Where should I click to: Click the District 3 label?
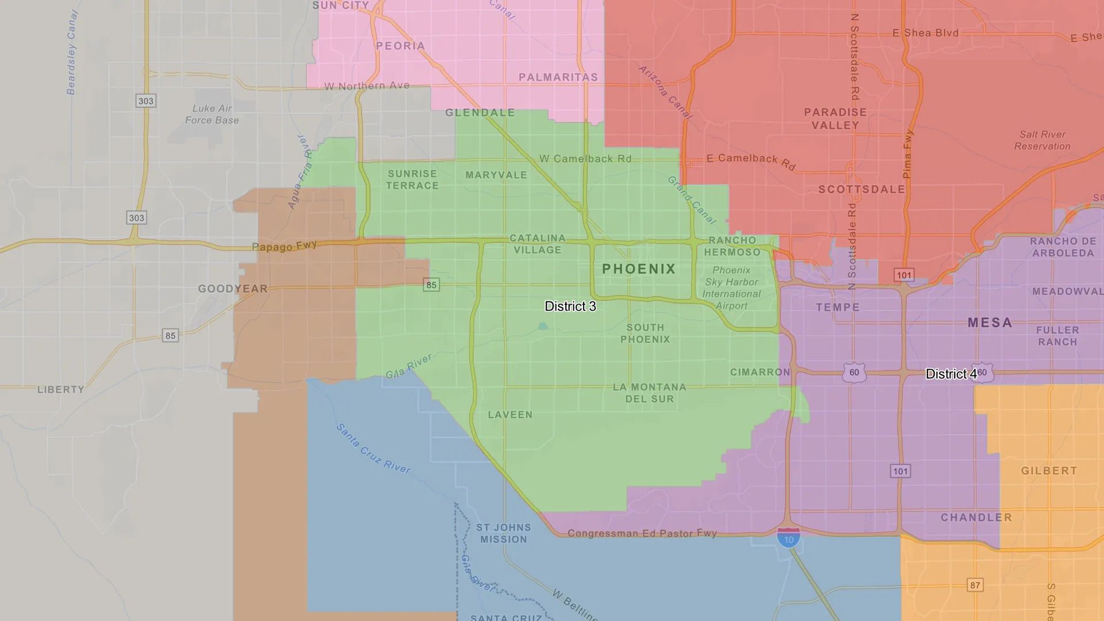coord(570,306)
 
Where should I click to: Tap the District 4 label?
coord(950,374)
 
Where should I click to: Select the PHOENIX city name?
coord(639,269)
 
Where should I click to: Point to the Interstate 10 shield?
coord(788,538)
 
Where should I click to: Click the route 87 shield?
coord(975,585)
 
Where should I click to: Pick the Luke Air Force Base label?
coord(212,114)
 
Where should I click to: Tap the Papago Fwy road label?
coord(284,246)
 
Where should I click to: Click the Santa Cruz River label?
coord(373,448)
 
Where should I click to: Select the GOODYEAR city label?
coord(233,289)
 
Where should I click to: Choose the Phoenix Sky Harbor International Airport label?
coord(731,287)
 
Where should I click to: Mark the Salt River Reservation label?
coord(1042,140)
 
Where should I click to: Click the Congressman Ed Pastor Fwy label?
coord(642,534)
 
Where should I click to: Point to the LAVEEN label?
coord(510,415)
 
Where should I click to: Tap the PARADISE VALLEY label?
coord(835,118)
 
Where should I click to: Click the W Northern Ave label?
coord(367,86)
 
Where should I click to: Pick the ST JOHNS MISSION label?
coord(504,534)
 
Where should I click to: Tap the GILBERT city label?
coord(1049,471)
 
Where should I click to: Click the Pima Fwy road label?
coord(907,154)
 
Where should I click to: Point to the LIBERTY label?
coord(61,390)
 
